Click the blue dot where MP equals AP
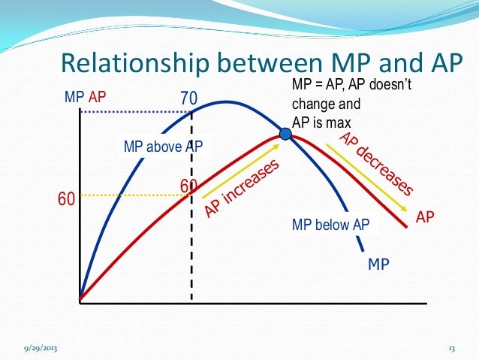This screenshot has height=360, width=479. (285, 135)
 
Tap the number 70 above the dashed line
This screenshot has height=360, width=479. (191, 98)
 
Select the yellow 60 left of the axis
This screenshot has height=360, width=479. (67, 199)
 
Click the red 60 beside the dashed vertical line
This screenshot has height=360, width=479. (188, 186)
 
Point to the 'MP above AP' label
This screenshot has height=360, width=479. (164, 147)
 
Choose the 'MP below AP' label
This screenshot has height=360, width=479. (331, 225)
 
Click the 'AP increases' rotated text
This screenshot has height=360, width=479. (243, 189)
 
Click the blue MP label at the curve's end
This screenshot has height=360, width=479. (378, 265)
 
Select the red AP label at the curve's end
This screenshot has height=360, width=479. (426, 217)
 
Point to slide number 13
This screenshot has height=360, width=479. (452, 348)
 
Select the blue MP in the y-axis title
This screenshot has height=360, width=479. (74, 97)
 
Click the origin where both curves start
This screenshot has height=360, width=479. (80, 301)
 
